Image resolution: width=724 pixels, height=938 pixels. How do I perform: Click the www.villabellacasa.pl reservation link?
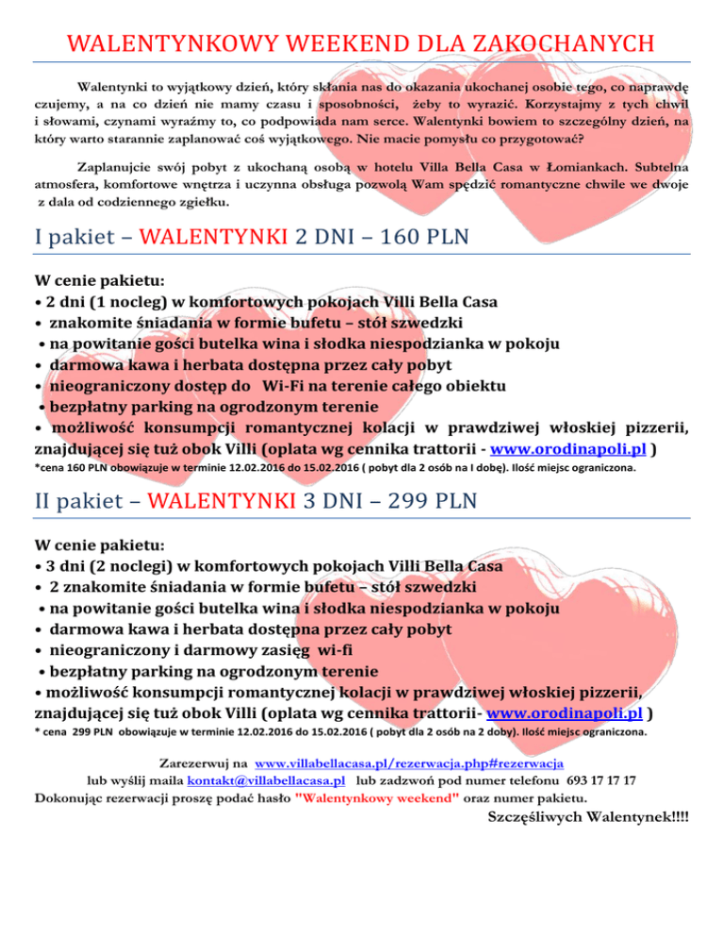coord(409,762)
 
